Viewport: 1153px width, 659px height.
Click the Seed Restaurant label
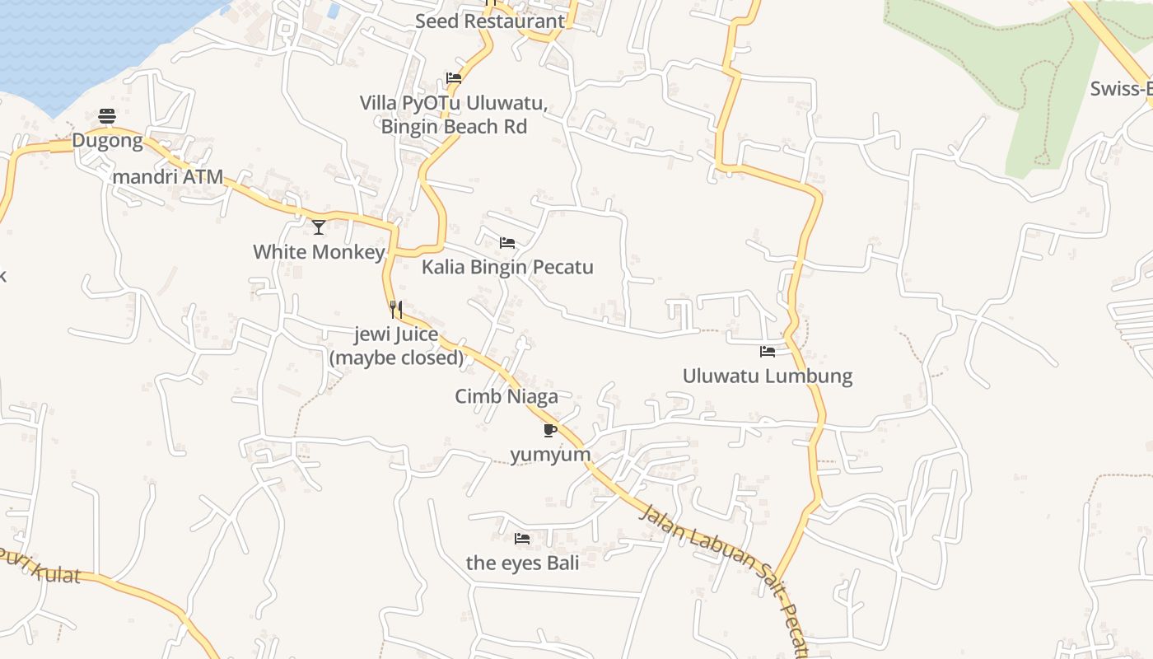(x=490, y=21)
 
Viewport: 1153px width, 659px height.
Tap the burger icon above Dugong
(x=107, y=116)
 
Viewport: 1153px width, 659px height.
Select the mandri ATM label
(x=168, y=177)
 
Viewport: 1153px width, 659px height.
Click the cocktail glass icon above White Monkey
(x=319, y=227)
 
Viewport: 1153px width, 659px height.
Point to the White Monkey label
(x=319, y=252)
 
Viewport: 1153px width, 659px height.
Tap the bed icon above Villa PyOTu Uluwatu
(x=454, y=79)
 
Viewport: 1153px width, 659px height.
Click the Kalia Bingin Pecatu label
(x=507, y=268)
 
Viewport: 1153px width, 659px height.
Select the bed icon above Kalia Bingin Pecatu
(x=507, y=243)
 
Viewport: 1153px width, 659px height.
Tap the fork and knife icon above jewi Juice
(x=396, y=310)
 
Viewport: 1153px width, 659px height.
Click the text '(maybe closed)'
(x=396, y=358)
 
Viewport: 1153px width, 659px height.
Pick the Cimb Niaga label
(x=506, y=396)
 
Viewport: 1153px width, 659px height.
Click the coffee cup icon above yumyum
(x=550, y=430)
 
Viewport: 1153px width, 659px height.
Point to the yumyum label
(x=550, y=455)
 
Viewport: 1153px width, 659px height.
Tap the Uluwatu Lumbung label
(x=768, y=376)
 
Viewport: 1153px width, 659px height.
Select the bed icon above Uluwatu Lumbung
(x=768, y=352)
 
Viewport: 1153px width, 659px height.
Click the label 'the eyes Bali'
(x=522, y=563)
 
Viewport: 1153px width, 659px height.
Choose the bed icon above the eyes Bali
(x=522, y=539)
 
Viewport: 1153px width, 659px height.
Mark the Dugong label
(x=107, y=141)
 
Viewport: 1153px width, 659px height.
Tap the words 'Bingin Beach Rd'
(x=454, y=127)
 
